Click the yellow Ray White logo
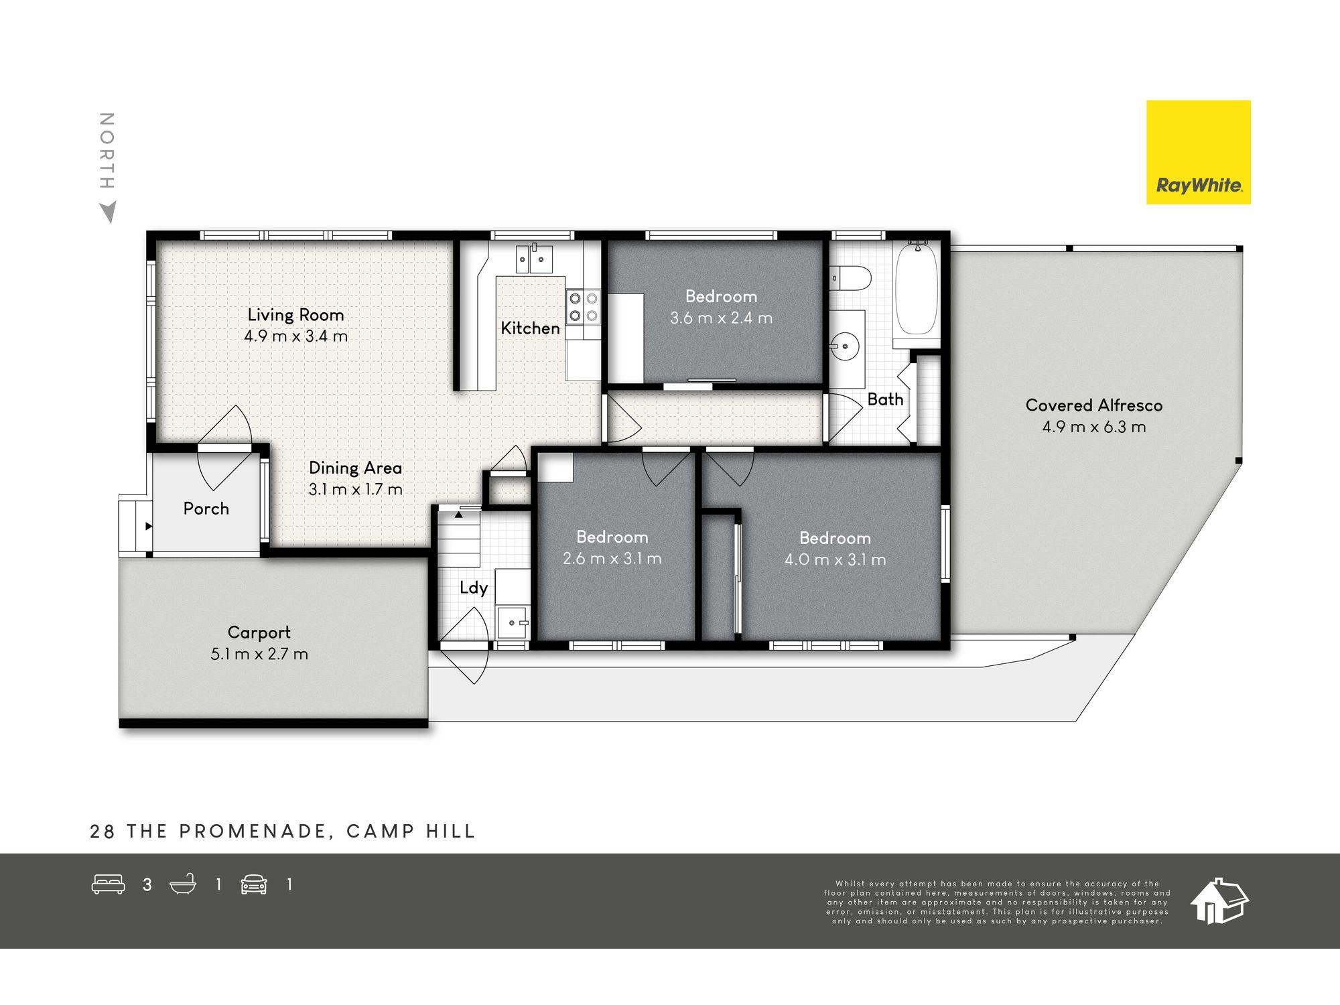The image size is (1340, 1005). click(x=1198, y=152)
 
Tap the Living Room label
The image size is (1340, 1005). click(x=295, y=314)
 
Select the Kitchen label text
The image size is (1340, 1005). click(x=530, y=328)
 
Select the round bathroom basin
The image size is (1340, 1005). click(x=844, y=347)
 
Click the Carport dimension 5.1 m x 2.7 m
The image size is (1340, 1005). click(x=259, y=654)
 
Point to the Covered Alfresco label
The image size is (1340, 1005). click(x=1094, y=405)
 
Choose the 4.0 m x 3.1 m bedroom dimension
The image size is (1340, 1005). click(x=835, y=559)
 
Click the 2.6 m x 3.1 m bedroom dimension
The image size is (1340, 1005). click(x=612, y=558)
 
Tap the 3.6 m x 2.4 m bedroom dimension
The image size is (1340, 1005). click(x=722, y=318)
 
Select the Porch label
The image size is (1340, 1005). click(x=206, y=509)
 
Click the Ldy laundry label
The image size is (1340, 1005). click(x=474, y=588)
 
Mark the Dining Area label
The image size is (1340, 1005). click(x=355, y=468)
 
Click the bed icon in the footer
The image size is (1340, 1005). click(x=108, y=884)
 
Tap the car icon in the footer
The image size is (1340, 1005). click(x=254, y=884)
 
